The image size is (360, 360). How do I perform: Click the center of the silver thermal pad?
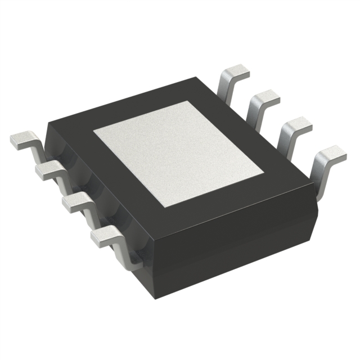tap(179, 154)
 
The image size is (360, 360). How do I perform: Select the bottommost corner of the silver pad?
tap(164, 208)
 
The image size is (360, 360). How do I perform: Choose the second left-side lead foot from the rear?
tap(48, 170)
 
